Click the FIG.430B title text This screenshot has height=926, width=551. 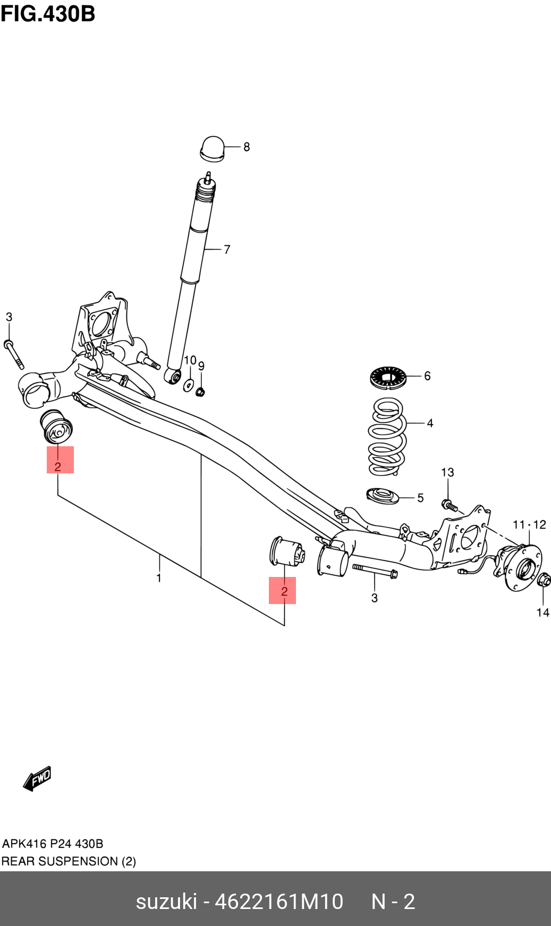(x=48, y=14)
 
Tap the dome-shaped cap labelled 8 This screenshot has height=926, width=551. (x=213, y=148)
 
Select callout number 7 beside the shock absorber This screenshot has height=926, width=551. (x=227, y=249)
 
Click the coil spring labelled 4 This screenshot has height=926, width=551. (x=387, y=436)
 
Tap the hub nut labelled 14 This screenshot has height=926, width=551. (x=544, y=580)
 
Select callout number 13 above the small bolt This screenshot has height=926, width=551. (x=447, y=472)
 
